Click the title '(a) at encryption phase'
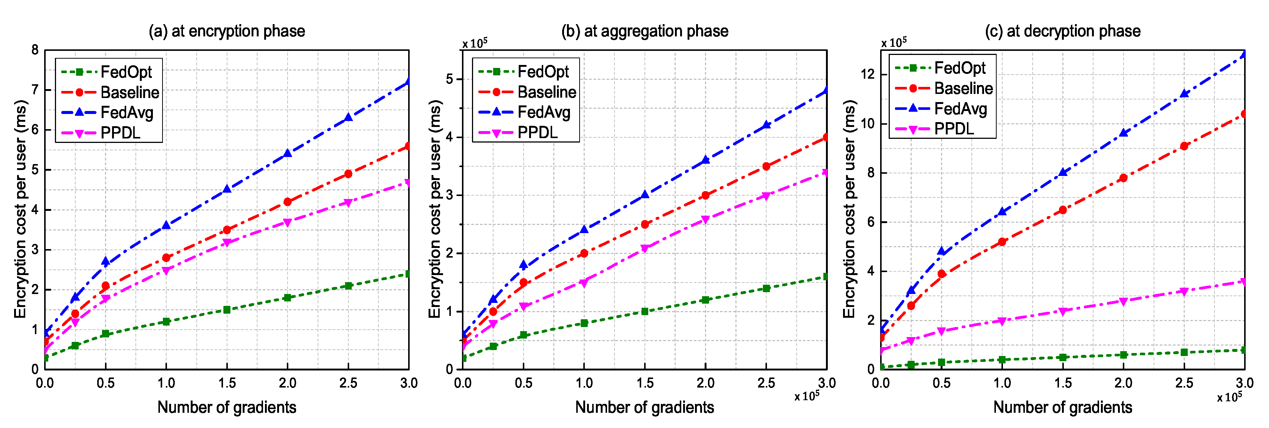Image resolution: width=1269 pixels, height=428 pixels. click(x=227, y=31)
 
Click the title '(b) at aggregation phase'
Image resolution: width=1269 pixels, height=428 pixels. click(x=645, y=31)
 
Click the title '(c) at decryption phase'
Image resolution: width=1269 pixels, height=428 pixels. click(x=1063, y=31)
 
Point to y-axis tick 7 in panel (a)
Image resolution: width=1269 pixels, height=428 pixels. click(x=35, y=90)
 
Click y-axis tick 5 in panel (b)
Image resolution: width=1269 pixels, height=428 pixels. click(x=449, y=79)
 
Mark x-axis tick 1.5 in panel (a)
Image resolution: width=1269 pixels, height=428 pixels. click(x=227, y=383)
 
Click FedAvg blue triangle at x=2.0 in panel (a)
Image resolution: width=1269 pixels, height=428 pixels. click(x=288, y=153)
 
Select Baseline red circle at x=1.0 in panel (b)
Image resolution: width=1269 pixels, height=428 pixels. click(x=584, y=254)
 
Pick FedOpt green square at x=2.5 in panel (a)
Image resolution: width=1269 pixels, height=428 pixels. click(x=348, y=286)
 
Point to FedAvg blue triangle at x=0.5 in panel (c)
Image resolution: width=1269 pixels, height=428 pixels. click(x=941, y=251)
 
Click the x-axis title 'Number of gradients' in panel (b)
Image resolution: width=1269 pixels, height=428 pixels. click(x=645, y=407)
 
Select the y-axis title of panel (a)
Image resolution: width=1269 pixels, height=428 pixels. click(x=20, y=210)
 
